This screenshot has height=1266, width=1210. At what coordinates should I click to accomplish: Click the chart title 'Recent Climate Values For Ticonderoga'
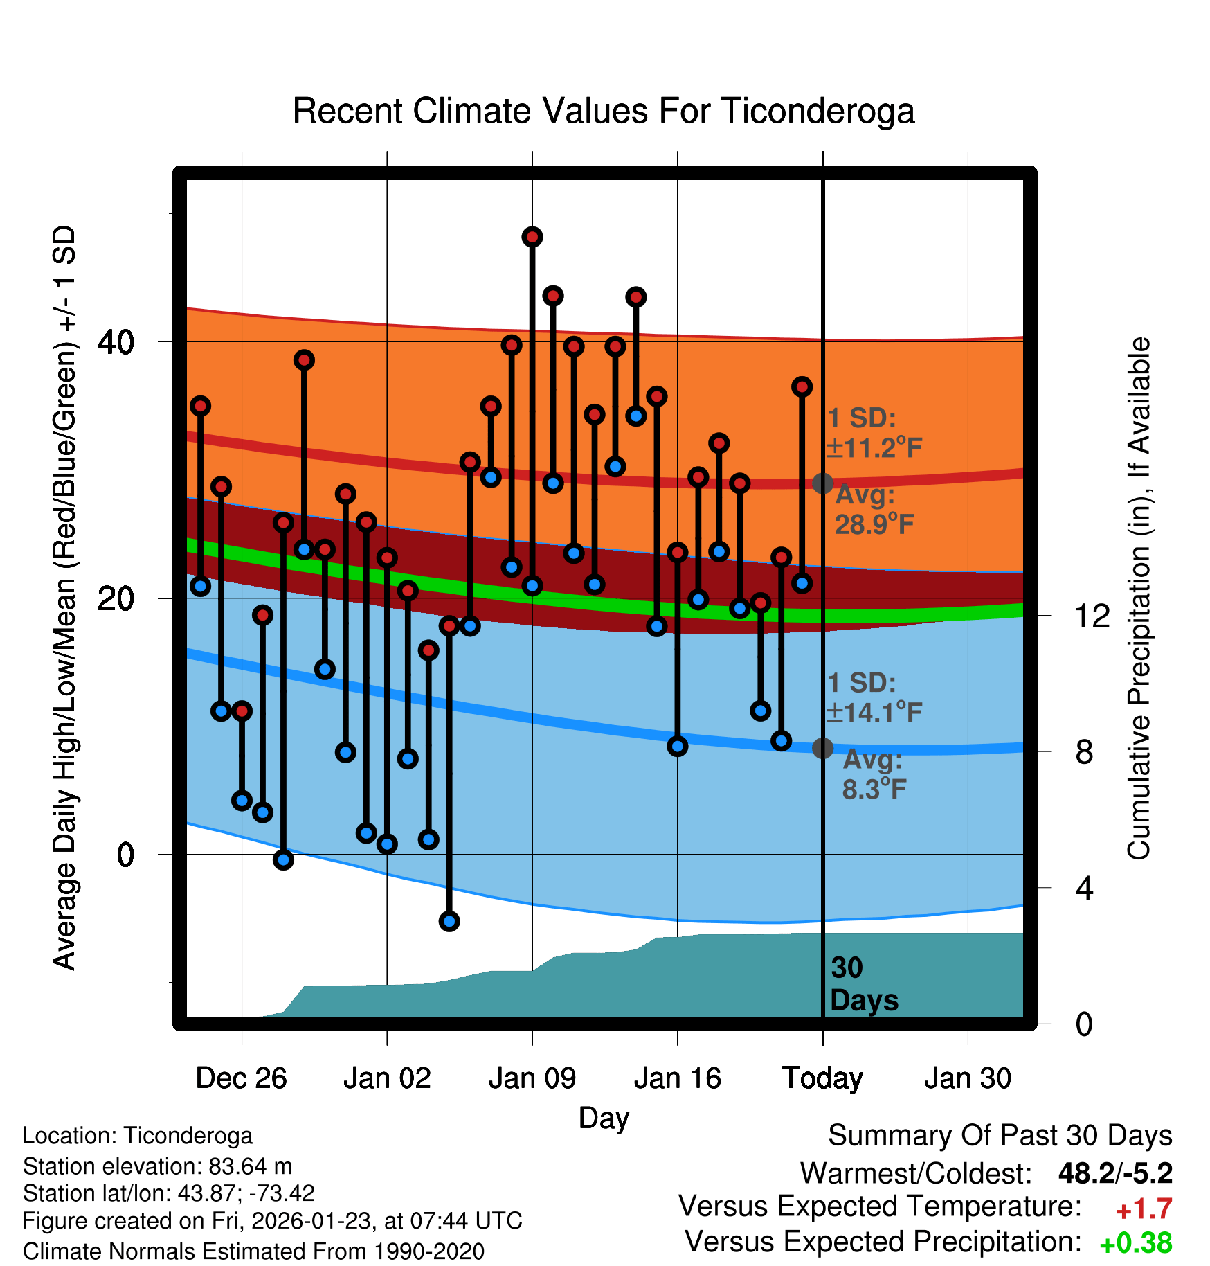(x=604, y=111)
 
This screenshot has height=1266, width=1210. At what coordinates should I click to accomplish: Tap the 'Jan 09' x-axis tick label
(x=532, y=1078)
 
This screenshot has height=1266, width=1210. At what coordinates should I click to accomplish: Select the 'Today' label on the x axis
(x=822, y=1078)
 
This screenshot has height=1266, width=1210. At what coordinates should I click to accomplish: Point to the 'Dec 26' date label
(x=241, y=1078)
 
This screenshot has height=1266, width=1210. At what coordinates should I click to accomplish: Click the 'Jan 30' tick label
(x=968, y=1078)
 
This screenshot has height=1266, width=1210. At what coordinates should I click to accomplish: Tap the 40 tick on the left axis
(x=116, y=341)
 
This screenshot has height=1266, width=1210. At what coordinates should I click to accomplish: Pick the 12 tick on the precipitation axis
(x=1092, y=616)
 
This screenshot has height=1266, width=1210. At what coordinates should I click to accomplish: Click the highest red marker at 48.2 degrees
(x=532, y=237)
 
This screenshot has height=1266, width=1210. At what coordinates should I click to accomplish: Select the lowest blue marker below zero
(x=449, y=921)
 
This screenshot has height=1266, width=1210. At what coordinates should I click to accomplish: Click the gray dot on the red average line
(x=822, y=483)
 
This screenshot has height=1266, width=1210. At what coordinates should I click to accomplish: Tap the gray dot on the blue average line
(x=822, y=748)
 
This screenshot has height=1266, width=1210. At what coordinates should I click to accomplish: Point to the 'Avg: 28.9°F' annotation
(x=874, y=510)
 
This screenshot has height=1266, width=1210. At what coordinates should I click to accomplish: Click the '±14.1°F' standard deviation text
(x=874, y=712)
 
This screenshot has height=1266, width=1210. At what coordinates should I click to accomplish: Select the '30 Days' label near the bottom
(x=863, y=984)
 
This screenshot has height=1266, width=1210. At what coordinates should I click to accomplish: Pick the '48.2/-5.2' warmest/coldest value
(x=1115, y=1173)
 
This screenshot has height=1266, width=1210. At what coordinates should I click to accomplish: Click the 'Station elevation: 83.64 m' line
(x=157, y=1166)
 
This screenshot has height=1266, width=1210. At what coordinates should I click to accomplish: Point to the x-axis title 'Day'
(x=604, y=1118)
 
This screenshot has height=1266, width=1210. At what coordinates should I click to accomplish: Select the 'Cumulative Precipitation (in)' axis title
(x=1138, y=599)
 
